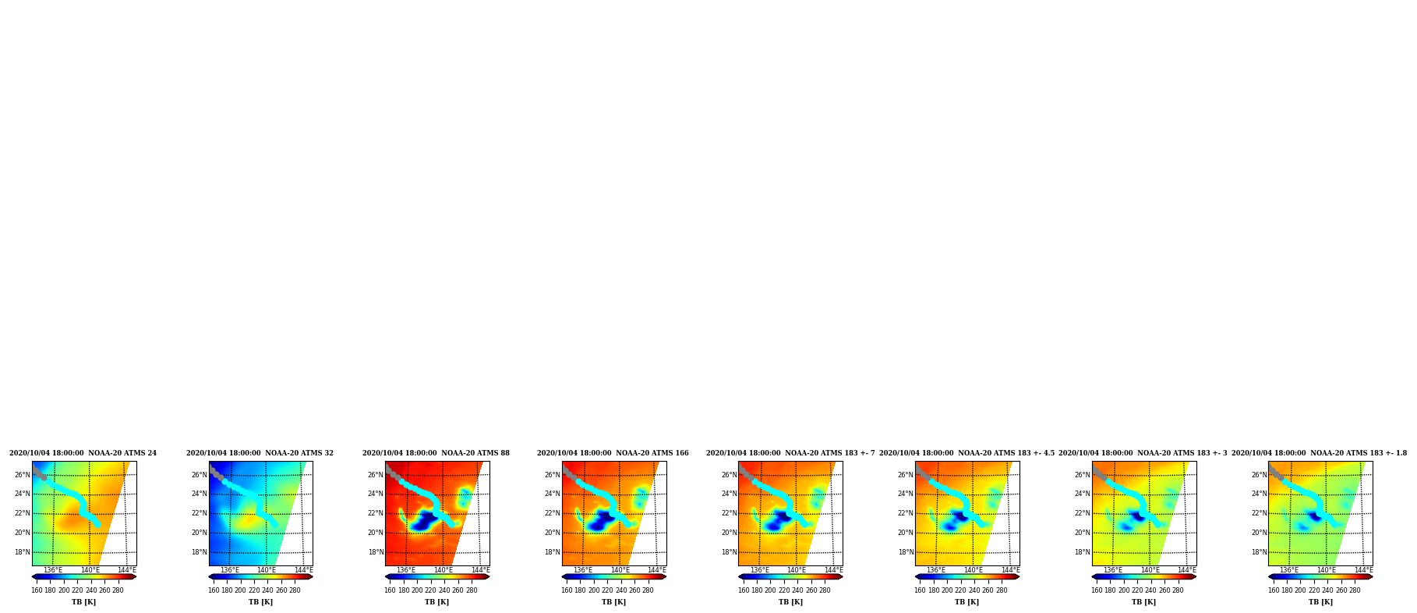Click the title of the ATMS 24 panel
pyautogui.click(x=83, y=453)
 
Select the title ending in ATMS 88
pyautogui.click(x=436, y=453)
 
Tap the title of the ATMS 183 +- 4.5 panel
pyautogui.click(x=966, y=453)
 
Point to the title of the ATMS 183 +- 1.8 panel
pyautogui.click(x=1319, y=453)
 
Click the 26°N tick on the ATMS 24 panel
pyautogui.click(x=22, y=475)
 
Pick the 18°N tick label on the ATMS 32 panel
pyautogui.click(x=199, y=552)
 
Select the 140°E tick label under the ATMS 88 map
pyautogui.click(x=443, y=570)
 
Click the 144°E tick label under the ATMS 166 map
pyautogui.click(x=657, y=570)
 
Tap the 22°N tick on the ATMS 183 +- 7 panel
pyautogui.click(x=729, y=513)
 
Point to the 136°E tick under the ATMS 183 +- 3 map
pyautogui.click(x=1113, y=570)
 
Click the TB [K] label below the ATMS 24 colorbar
pyautogui.click(x=84, y=602)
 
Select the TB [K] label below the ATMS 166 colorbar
pyautogui.click(x=613, y=602)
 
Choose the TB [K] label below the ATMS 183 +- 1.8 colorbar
pyautogui.click(x=1320, y=602)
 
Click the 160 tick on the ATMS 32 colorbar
pyautogui.click(x=214, y=590)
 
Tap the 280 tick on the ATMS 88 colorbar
pyautogui.click(x=472, y=590)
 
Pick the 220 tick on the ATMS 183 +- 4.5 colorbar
pyautogui.click(x=960, y=590)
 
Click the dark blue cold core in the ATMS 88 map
pyautogui.click(x=424, y=521)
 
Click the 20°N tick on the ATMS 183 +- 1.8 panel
pyautogui.click(x=1259, y=533)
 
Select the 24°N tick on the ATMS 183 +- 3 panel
pyautogui.click(x=1083, y=494)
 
